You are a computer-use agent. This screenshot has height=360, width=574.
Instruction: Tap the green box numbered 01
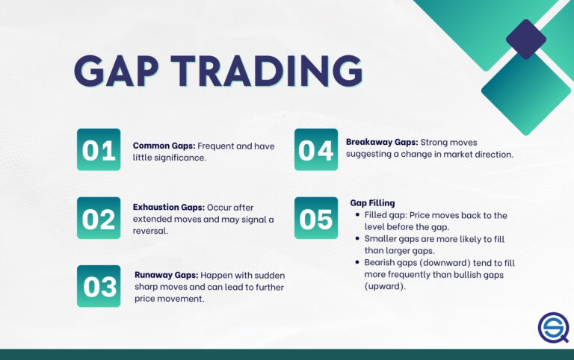tap(99, 149)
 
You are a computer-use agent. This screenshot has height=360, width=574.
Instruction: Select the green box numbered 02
tap(99, 218)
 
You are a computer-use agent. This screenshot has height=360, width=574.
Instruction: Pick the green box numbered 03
tap(99, 286)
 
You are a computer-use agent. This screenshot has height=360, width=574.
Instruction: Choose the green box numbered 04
tap(315, 149)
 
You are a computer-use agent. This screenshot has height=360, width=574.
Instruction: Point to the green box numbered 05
tap(315, 218)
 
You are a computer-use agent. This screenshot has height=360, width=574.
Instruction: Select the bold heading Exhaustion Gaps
tap(170, 206)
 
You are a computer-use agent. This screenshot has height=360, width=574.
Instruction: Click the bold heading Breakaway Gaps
tap(381, 142)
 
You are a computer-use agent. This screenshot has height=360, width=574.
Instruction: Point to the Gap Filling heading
tap(372, 202)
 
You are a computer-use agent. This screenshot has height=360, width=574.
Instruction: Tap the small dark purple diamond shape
tap(525, 39)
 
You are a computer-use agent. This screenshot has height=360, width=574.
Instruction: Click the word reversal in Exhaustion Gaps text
tap(151, 232)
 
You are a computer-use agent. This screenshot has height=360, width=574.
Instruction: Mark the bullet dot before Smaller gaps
tap(358, 240)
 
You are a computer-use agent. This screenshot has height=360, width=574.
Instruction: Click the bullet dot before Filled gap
tap(358, 216)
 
